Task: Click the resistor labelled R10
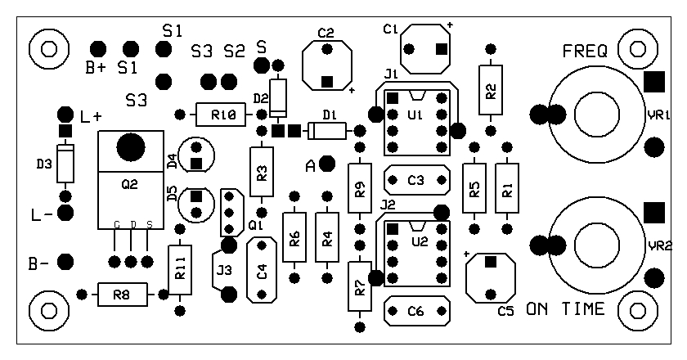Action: pyautogui.click(x=218, y=115)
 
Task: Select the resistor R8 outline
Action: pyautogui.click(x=121, y=295)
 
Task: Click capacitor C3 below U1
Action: pyautogui.click(x=416, y=179)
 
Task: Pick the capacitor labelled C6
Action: pyautogui.click(x=416, y=310)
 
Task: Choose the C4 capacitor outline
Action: pyautogui.click(x=262, y=270)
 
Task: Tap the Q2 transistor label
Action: pyautogui.click(x=129, y=185)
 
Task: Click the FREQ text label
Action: pyautogui.click(x=585, y=52)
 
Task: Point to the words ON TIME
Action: pyautogui.click(x=566, y=308)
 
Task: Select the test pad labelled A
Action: pyautogui.click(x=327, y=164)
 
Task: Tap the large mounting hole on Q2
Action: pyautogui.click(x=129, y=147)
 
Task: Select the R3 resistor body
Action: pyautogui.click(x=261, y=172)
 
